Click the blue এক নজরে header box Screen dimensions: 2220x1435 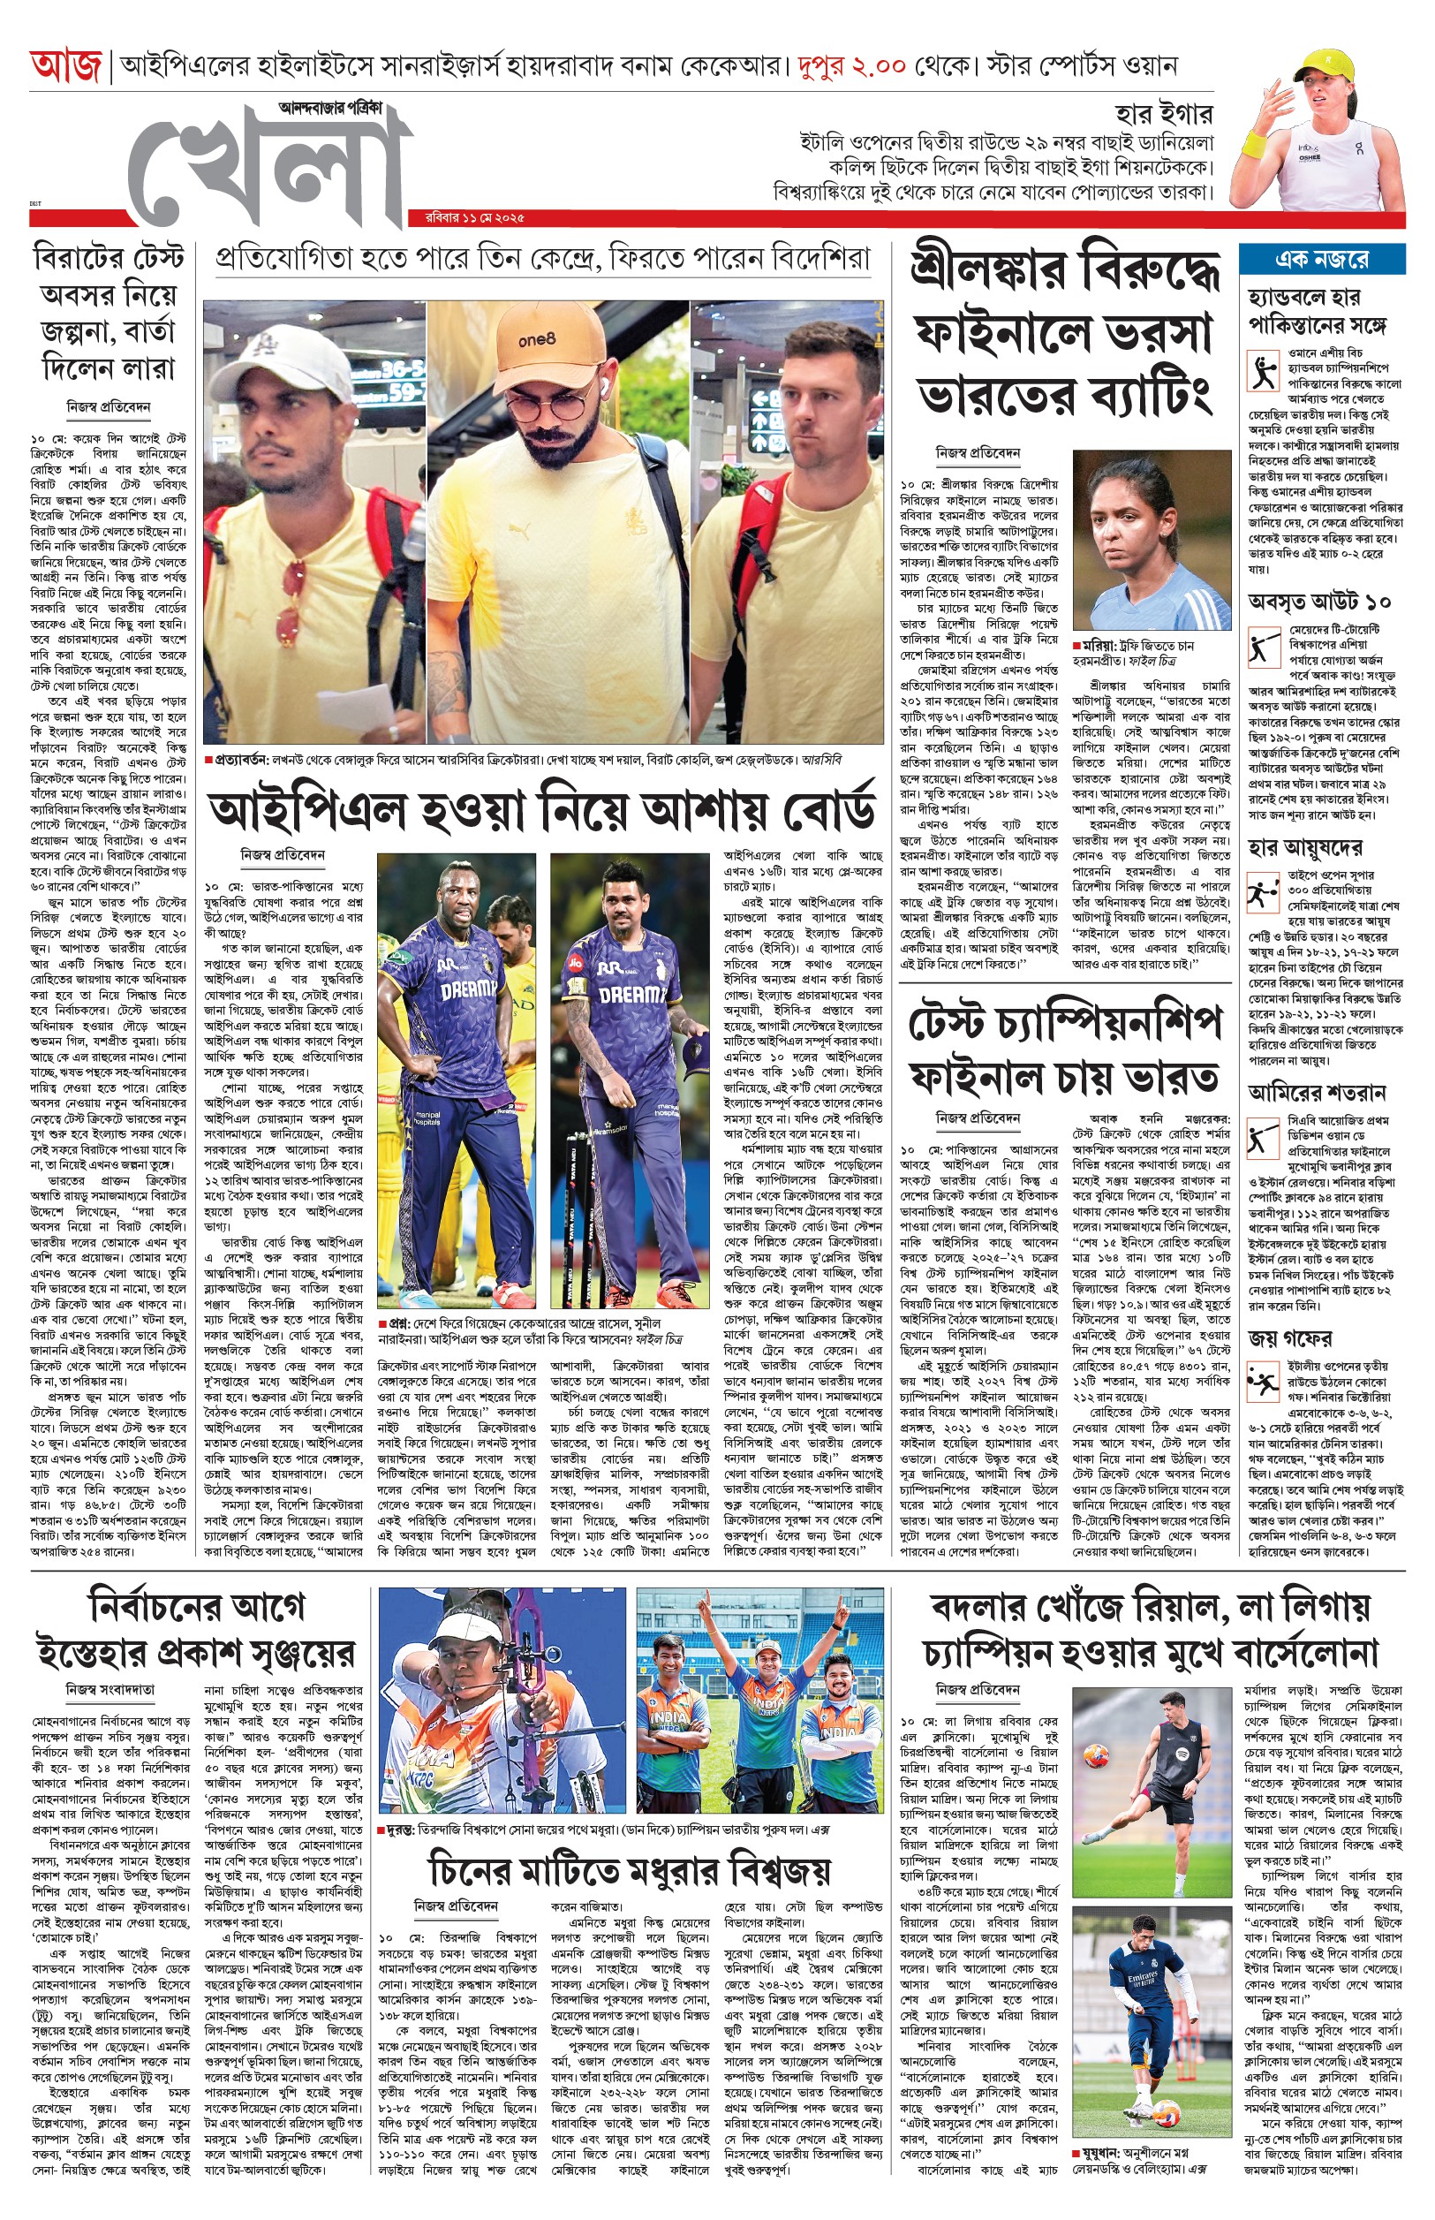1321,259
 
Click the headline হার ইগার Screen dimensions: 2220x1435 1165,116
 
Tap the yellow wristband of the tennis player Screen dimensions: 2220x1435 1255,146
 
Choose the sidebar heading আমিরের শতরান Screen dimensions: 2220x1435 1317,1092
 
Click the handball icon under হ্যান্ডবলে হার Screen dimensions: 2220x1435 1264,373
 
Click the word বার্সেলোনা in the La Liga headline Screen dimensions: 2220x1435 1304,1654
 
